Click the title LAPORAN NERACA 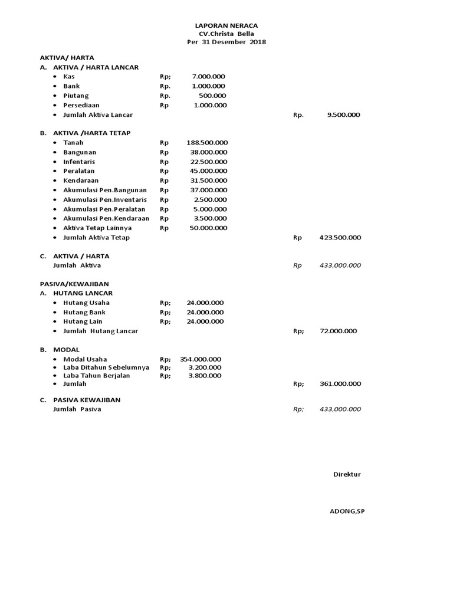tap(226, 26)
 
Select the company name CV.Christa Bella tap(226, 34)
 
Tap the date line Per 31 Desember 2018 tap(226, 42)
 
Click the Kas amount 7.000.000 tap(208, 77)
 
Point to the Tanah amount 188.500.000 tap(207, 143)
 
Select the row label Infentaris tap(79, 162)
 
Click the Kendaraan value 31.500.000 tap(208, 180)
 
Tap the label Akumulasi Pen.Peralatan tap(104, 209)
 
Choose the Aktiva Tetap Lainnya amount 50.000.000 tap(208, 228)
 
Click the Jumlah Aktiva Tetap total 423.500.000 tap(340, 238)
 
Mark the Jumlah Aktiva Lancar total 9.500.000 tap(343, 115)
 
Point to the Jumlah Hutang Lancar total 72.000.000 tap(338, 331)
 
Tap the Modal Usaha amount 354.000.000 tap(201, 359)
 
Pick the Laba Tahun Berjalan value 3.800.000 tap(205, 375)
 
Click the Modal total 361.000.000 tap(340, 384)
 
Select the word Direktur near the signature tap(347, 474)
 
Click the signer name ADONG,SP tap(347, 511)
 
